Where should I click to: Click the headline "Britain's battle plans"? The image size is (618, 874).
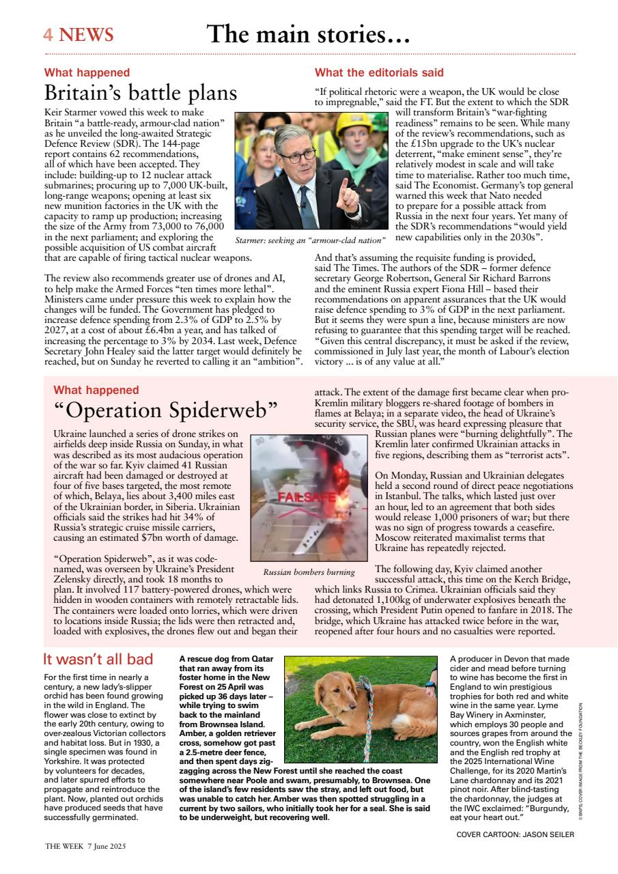coord(141,93)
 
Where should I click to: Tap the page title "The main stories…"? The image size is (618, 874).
coord(308,33)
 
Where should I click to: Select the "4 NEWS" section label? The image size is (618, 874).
coord(78,35)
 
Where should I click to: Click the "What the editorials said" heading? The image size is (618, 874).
coord(379,72)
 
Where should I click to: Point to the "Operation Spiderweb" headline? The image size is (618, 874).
coord(165,410)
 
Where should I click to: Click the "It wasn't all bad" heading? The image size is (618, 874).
coord(98,659)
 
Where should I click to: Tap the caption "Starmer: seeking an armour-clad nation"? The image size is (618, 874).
coord(310,240)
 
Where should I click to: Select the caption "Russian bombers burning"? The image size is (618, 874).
coord(309,572)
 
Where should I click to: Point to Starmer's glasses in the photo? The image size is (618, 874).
coord(297,154)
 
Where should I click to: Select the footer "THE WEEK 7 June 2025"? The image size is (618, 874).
coord(85,845)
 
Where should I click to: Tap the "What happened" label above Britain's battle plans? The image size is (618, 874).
coord(87,72)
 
